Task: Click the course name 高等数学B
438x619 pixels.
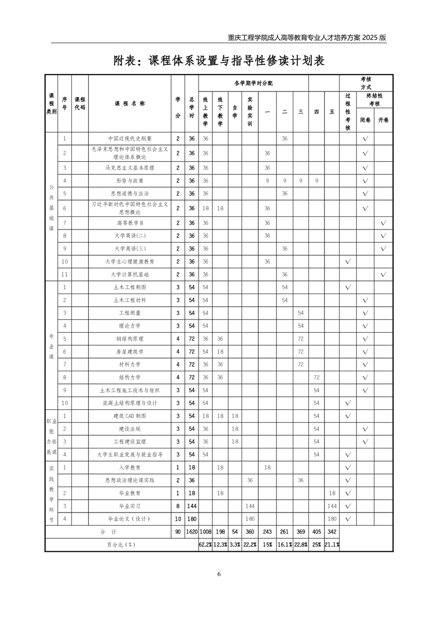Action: [x=130, y=223]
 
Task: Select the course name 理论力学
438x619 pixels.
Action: [x=130, y=325]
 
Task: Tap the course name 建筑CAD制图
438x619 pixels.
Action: [x=130, y=415]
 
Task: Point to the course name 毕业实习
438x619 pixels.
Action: [x=130, y=506]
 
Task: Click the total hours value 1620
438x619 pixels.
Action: [x=191, y=532]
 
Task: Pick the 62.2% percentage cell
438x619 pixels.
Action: [x=205, y=545]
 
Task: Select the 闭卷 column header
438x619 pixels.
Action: [x=365, y=120]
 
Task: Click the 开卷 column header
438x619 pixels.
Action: [x=383, y=120]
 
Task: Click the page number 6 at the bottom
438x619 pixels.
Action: [x=219, y=574]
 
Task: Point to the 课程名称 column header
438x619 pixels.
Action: [x=130, y=104]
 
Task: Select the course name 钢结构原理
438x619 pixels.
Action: [x=130, y=339]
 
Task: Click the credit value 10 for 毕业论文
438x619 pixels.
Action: [x=178, y=519]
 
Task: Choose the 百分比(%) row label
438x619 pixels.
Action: [x=121, y=545]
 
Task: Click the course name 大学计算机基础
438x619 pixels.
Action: [x=130, y=274]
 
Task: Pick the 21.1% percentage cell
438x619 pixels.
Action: [x=332, y=545]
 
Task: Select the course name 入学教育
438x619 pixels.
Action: [x=130, y=467]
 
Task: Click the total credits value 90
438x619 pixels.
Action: [x=178, y=532]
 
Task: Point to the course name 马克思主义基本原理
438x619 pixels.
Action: [x=130, y=168]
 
